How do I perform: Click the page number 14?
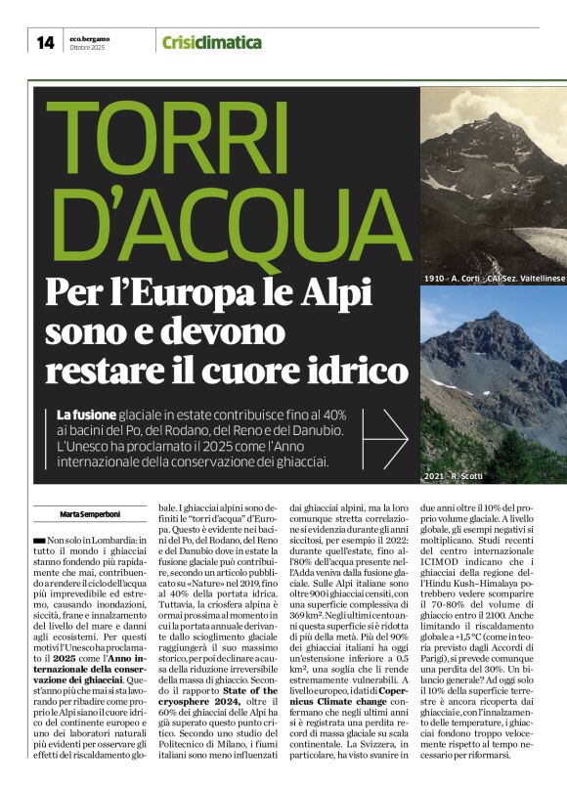(x=46, y=42)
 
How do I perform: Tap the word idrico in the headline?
(x=354, y=371)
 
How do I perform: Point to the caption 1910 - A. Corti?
(x=464, y=279)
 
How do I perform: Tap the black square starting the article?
(x=38, y=540)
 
